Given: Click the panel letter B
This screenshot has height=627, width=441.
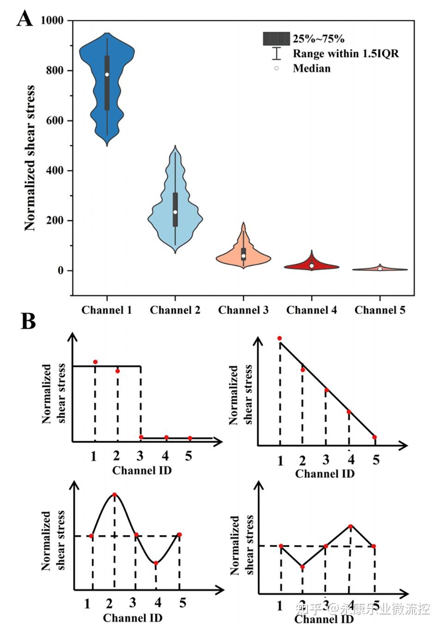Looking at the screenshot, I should click(x=28, y=321).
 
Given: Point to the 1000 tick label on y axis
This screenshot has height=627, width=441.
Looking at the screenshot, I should click(x=52, y=20).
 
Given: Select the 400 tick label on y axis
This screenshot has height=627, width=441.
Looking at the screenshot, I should click(x=54, y=170).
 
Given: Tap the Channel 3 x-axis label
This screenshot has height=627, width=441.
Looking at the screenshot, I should click(x=243, y=310).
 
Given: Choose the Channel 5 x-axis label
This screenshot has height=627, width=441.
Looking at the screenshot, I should click(x=380, y=310).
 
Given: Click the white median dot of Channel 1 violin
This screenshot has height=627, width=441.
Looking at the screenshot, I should click(x=107, y=74).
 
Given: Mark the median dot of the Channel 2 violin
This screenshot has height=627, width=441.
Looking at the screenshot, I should click(x=175, y=212).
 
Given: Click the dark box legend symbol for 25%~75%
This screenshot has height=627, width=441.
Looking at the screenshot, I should click(x=276, y=39).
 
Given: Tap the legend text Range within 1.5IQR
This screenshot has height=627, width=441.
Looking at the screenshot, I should click(x=345, y=54).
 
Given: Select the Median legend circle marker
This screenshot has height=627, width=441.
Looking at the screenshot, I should click(x=277, y=68).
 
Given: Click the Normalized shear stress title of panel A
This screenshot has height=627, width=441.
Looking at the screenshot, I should click(x=30, y=158).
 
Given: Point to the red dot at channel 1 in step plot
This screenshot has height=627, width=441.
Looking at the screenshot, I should click(x=95, y=362).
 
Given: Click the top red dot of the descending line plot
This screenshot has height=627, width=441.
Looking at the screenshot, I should click(x=279, y=338).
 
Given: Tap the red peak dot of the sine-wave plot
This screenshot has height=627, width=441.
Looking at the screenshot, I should click(x=115, y=495).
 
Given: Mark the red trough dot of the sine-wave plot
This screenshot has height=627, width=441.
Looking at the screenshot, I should click(x=156, y=563).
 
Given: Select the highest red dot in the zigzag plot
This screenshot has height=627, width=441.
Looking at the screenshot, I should click(x=350, y=526).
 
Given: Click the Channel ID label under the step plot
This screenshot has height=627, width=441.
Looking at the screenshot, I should click(x=142, y=470).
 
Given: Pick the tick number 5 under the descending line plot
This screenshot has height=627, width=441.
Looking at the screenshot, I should click(x=376, y=460).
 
